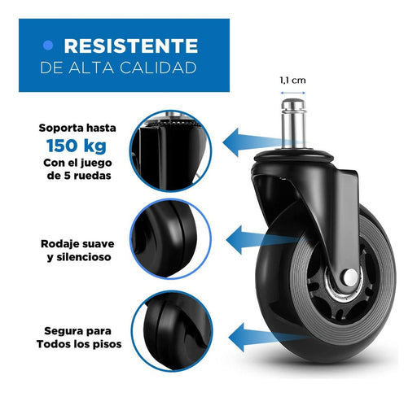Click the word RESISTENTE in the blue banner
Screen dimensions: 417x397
[131, 46]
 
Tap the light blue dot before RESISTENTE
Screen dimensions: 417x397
[48, 46]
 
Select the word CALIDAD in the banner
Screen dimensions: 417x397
[158, 68]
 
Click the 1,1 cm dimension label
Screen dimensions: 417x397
[292, 81]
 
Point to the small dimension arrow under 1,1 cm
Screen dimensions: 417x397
[293, 93]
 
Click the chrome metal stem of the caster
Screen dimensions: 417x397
[293, 124]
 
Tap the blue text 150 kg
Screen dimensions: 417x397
[77, 146]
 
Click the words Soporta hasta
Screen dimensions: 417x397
[77, 128]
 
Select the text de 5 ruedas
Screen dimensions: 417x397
[79, 176]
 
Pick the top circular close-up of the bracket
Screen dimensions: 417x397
[170, 151]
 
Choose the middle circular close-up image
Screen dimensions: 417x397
[171, 239]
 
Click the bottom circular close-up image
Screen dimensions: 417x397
[172, 331]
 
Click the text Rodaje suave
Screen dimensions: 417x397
[77, 244]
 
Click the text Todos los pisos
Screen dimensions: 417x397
[79, 344]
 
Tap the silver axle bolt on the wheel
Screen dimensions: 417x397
[350, 277]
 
